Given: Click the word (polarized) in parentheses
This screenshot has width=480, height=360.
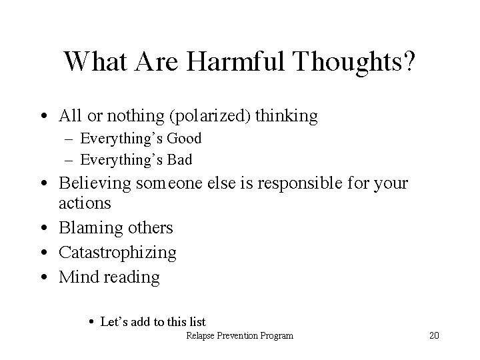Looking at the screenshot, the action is pyautogui.click(x=210, y=116).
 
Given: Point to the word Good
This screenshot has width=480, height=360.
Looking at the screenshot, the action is pyautogui.click(x=184, y=139).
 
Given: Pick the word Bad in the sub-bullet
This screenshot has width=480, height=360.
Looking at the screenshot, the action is pyautogui.click(x=179, y=160).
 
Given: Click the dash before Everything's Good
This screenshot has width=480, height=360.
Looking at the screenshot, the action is pyautogui.click(x=69, y=139).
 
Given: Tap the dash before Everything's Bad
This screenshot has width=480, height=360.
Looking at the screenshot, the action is pyautogui.click(x=69, y=161).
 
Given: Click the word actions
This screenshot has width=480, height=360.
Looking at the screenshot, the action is pyautogui.click(x=85, y=203).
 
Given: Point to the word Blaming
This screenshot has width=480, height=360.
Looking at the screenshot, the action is pyautogui.click(x=91, y=229).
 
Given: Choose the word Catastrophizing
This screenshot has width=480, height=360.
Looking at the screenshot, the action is pyautogui.click(x=117, y=253).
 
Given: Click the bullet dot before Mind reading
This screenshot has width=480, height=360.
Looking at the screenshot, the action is pyautogui.click(x=45, y=277).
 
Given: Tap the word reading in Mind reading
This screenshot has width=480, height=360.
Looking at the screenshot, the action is pyautogui.click(x=131, y=277).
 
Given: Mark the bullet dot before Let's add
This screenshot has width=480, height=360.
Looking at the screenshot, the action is pyautogui.click(x=91, y=322).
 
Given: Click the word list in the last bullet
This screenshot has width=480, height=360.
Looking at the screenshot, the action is pyautogui.click(x=197, y=322).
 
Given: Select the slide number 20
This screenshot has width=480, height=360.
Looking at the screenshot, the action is pyautogui.click(x=434, y=335).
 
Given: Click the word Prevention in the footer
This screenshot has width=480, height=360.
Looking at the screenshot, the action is pyautogui.click(x=237, y=336).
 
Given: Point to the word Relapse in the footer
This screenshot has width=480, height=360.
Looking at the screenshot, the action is pyautogui.click(x=200, y=336).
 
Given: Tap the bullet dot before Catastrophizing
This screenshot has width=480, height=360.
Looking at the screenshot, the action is pyautogui.click(x=45, y=253).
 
